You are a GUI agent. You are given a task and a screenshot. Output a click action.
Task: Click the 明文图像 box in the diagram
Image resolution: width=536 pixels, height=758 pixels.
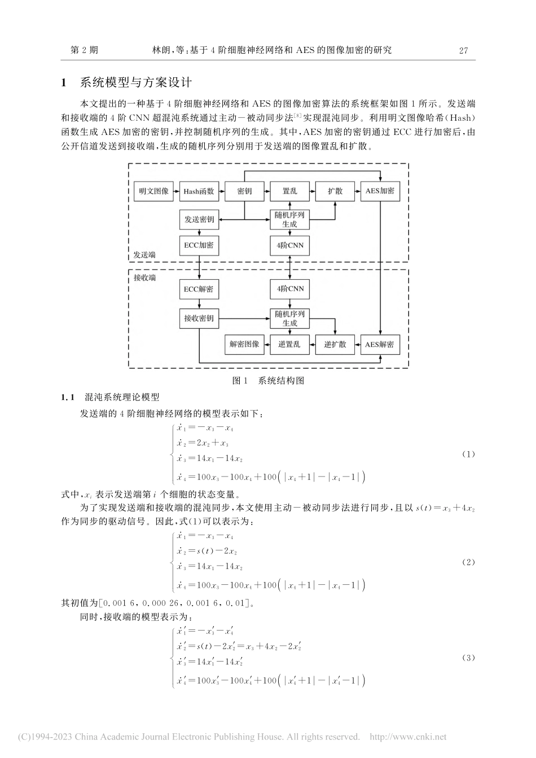pyautogui.click(x=153, y=191)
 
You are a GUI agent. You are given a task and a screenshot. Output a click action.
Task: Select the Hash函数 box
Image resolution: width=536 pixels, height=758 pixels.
pyautogui.click(x=199, y=191)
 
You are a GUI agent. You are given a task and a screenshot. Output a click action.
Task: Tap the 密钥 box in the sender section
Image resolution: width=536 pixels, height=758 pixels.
pyautogui.click(x=244, y=191)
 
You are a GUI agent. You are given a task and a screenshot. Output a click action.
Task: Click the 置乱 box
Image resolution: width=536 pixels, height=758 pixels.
pyautogui.click(x=289, y=191)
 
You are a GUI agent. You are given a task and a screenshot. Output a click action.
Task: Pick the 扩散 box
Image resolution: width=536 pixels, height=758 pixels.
pyautogui.click(x=335, y=191)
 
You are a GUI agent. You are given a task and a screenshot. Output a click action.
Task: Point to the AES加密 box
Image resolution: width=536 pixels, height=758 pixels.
pyautogui.click(x=380, y=191)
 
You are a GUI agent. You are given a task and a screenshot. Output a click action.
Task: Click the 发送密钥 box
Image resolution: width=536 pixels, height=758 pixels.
pyautogui.click(x=199, y=219)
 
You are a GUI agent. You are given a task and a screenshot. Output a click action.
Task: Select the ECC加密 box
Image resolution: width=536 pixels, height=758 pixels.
pyautogui.click(x=199, y=245)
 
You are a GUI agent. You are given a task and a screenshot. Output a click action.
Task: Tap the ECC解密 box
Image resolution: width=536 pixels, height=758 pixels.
pyautogui.click(x=199, y=289)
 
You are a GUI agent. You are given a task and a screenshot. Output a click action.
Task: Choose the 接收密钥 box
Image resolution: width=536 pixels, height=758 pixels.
pyautogui.click(x=199, y=318)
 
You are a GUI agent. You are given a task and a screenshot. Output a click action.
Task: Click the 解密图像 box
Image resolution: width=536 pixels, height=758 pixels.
pyautogui.click(x=244, y=344)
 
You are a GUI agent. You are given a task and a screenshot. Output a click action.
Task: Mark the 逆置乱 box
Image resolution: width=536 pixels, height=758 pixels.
pyautogui.click(x=289, y=344)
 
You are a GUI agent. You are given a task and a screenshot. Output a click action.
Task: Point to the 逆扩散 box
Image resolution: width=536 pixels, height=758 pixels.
pyautogui.click(x=335, y=344)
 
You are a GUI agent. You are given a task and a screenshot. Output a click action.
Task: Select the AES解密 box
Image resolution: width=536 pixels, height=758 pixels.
pyautogui.click(x=380, y=344)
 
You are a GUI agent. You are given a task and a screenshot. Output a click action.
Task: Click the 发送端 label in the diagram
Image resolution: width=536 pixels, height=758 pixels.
pyautogui.click(x=144, y=255)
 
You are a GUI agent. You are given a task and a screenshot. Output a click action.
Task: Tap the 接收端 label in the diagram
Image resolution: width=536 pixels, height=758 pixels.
pyautogui.click(x=144, y=278)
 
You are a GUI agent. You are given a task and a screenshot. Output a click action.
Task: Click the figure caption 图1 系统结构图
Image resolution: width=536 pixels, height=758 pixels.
pyautogui.click(x=268, y=380)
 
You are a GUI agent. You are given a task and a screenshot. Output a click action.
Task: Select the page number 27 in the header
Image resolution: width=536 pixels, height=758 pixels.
pyautogui.click(x=464, y=50)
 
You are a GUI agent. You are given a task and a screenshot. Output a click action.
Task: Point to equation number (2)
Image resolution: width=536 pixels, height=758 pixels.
pyautogui.click(x=468, y=562)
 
